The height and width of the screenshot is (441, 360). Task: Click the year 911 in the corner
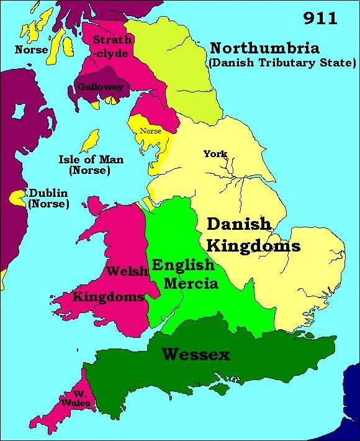pyautogui.click(x=320, y=19)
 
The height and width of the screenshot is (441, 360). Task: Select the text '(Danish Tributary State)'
pyautogui.click(x=282, y=63)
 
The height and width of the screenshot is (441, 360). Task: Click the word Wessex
pyautogui.click(x=196, y=355)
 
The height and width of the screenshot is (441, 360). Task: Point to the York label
pyautogui.click(x=215, y=153)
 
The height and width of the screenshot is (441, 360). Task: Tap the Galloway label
pyautogui.click(x=100, y=87)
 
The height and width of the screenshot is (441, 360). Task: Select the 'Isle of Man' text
pyautogui.click(x=91, y=160)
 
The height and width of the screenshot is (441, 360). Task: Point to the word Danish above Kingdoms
pyautogui.click(x=239, y=224)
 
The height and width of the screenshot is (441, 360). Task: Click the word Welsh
pyautogui.click(x=127, y=271)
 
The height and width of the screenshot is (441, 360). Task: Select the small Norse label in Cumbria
pyautogui.click(x=150, y=131)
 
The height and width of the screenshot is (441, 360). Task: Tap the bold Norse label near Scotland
pyautogui.click(x=31, y=49)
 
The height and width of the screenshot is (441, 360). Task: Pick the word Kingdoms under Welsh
pyautogui.click(x=108, y=297)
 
